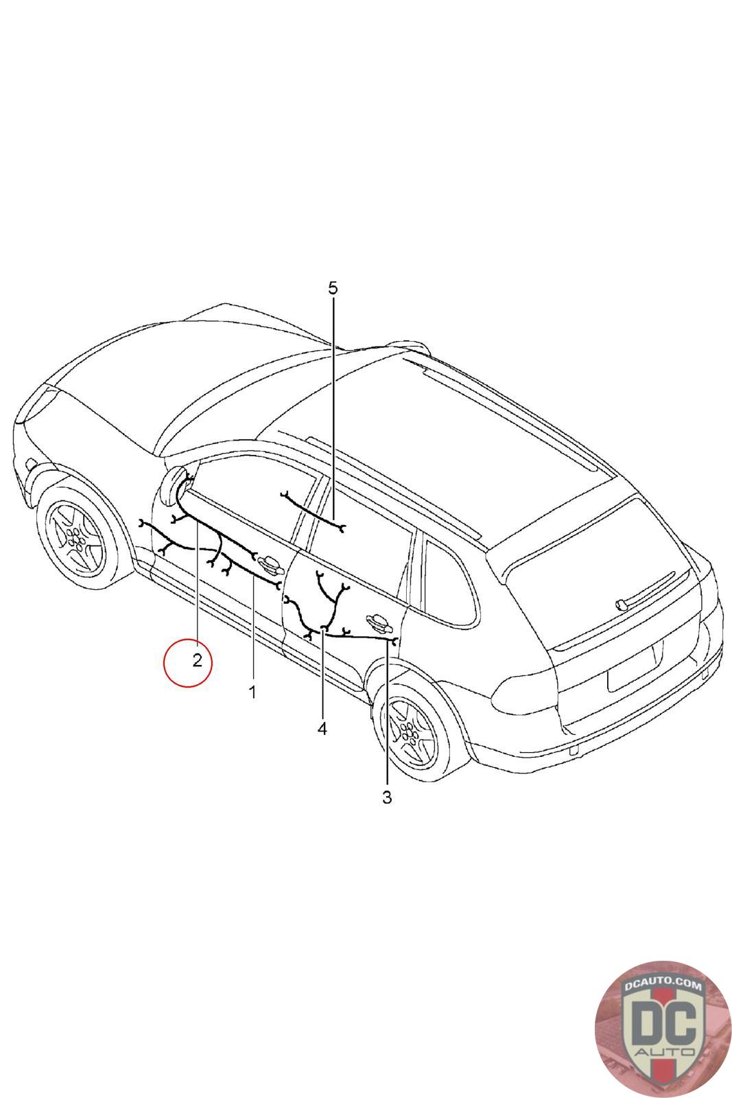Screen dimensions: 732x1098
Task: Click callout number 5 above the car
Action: [333, 288]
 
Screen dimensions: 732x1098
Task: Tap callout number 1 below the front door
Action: [252, 692]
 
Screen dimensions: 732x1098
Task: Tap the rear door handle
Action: [379, 623]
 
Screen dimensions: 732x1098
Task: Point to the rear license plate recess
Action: [631, 668]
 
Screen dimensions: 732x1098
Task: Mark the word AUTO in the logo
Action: [664, 1053]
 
